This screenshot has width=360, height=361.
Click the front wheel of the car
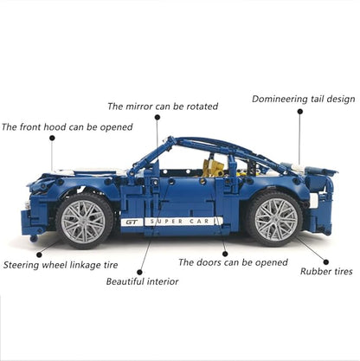pos(87,219)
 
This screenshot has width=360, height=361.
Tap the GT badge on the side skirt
pos(132,222)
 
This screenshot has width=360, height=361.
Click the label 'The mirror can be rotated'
pos(162,106)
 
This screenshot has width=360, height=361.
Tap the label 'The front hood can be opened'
pos(67,126)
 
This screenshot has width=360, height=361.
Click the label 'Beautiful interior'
pos(142,280)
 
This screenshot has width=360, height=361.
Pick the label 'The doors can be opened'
pos(233,261)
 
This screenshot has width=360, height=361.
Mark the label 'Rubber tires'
pos(325,271)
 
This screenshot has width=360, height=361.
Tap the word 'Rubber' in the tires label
pos(314,271)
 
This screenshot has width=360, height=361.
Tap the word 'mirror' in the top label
pos(140,106)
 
